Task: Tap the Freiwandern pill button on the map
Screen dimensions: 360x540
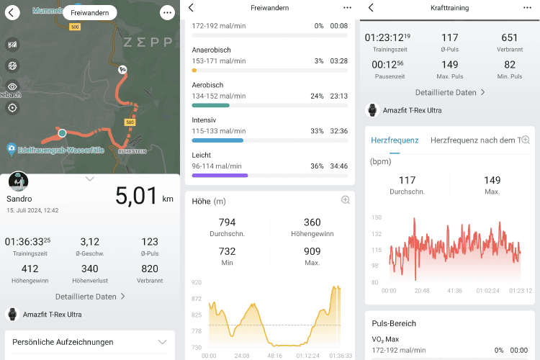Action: pos(89,12)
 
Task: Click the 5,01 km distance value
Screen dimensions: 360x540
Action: pos(137,195)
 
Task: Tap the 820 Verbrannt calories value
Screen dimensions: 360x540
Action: pos(150,269)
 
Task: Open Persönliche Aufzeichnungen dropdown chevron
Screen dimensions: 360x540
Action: pos(162,342)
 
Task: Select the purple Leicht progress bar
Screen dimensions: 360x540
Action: pos(220,175)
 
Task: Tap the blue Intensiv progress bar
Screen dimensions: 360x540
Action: pos(217,140)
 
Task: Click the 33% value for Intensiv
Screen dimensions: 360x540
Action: pos(318,131)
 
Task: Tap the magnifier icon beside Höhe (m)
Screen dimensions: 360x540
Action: pos(346,200)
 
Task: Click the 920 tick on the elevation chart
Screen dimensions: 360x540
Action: pos(197,282)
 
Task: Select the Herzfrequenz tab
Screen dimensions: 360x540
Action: pos(395,140)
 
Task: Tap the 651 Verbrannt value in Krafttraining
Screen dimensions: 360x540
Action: pos(510,37)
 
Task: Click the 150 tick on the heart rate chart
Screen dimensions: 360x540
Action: pos(377,217)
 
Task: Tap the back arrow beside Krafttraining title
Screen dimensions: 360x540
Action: pos(371,7)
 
